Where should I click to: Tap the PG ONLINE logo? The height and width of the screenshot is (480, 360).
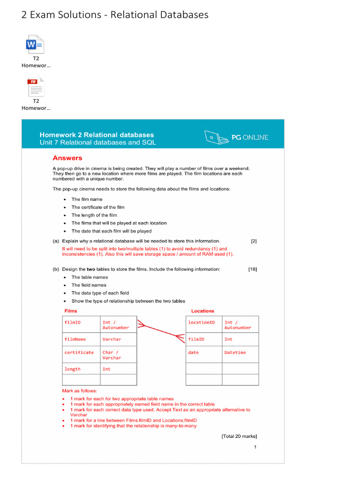pos(237,137)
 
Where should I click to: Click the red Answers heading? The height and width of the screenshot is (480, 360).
pos(67,158)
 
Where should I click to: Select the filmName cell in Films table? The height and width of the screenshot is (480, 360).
pos(75,339)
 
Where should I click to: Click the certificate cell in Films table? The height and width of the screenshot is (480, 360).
pos(79,352)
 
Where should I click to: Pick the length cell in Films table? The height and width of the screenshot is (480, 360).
pos(73,369)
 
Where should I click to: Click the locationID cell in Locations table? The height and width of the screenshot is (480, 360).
pos(202,322)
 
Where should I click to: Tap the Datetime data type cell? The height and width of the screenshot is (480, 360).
pos(235,352)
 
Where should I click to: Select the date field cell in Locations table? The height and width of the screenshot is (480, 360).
pos(194,352)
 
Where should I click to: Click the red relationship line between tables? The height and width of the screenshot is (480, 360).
pos(161,330)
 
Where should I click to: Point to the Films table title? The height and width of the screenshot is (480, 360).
pos(71,311)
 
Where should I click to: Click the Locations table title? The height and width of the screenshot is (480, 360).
pos(202,311)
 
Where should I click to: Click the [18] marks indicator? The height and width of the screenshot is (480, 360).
pos(252,270)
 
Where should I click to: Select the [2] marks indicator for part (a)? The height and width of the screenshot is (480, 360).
pos(254,241)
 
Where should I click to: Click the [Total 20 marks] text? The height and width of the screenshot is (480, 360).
pos(239,436)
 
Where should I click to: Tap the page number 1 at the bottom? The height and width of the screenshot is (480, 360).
pos(255,447)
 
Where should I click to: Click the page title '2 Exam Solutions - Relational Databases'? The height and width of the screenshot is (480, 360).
pos(115,15)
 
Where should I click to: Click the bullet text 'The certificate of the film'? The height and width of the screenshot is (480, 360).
pos(98,207)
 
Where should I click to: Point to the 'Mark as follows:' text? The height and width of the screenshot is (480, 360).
pos(80,390)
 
